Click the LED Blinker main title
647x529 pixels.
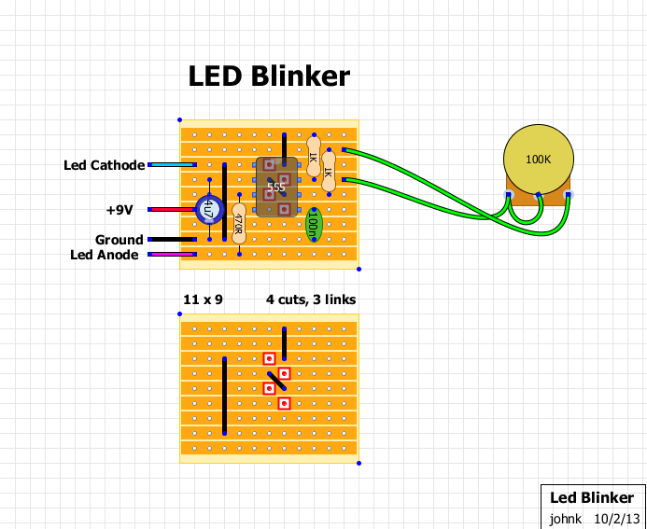coord(269,77)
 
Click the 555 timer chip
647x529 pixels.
coord(276,188)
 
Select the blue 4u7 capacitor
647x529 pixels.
coord(208,210)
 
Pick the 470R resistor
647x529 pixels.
coord(239,223)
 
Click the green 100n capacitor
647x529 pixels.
coord(314,223)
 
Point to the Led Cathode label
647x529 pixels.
coord(104,166)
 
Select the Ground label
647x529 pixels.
coord(120,240)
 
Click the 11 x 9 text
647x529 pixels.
coord(202,300)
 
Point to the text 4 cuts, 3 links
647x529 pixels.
coord(310,300)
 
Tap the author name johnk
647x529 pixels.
coord(565,517)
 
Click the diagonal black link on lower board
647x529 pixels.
coord(276,381)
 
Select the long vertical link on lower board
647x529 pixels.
coord(224,396)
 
